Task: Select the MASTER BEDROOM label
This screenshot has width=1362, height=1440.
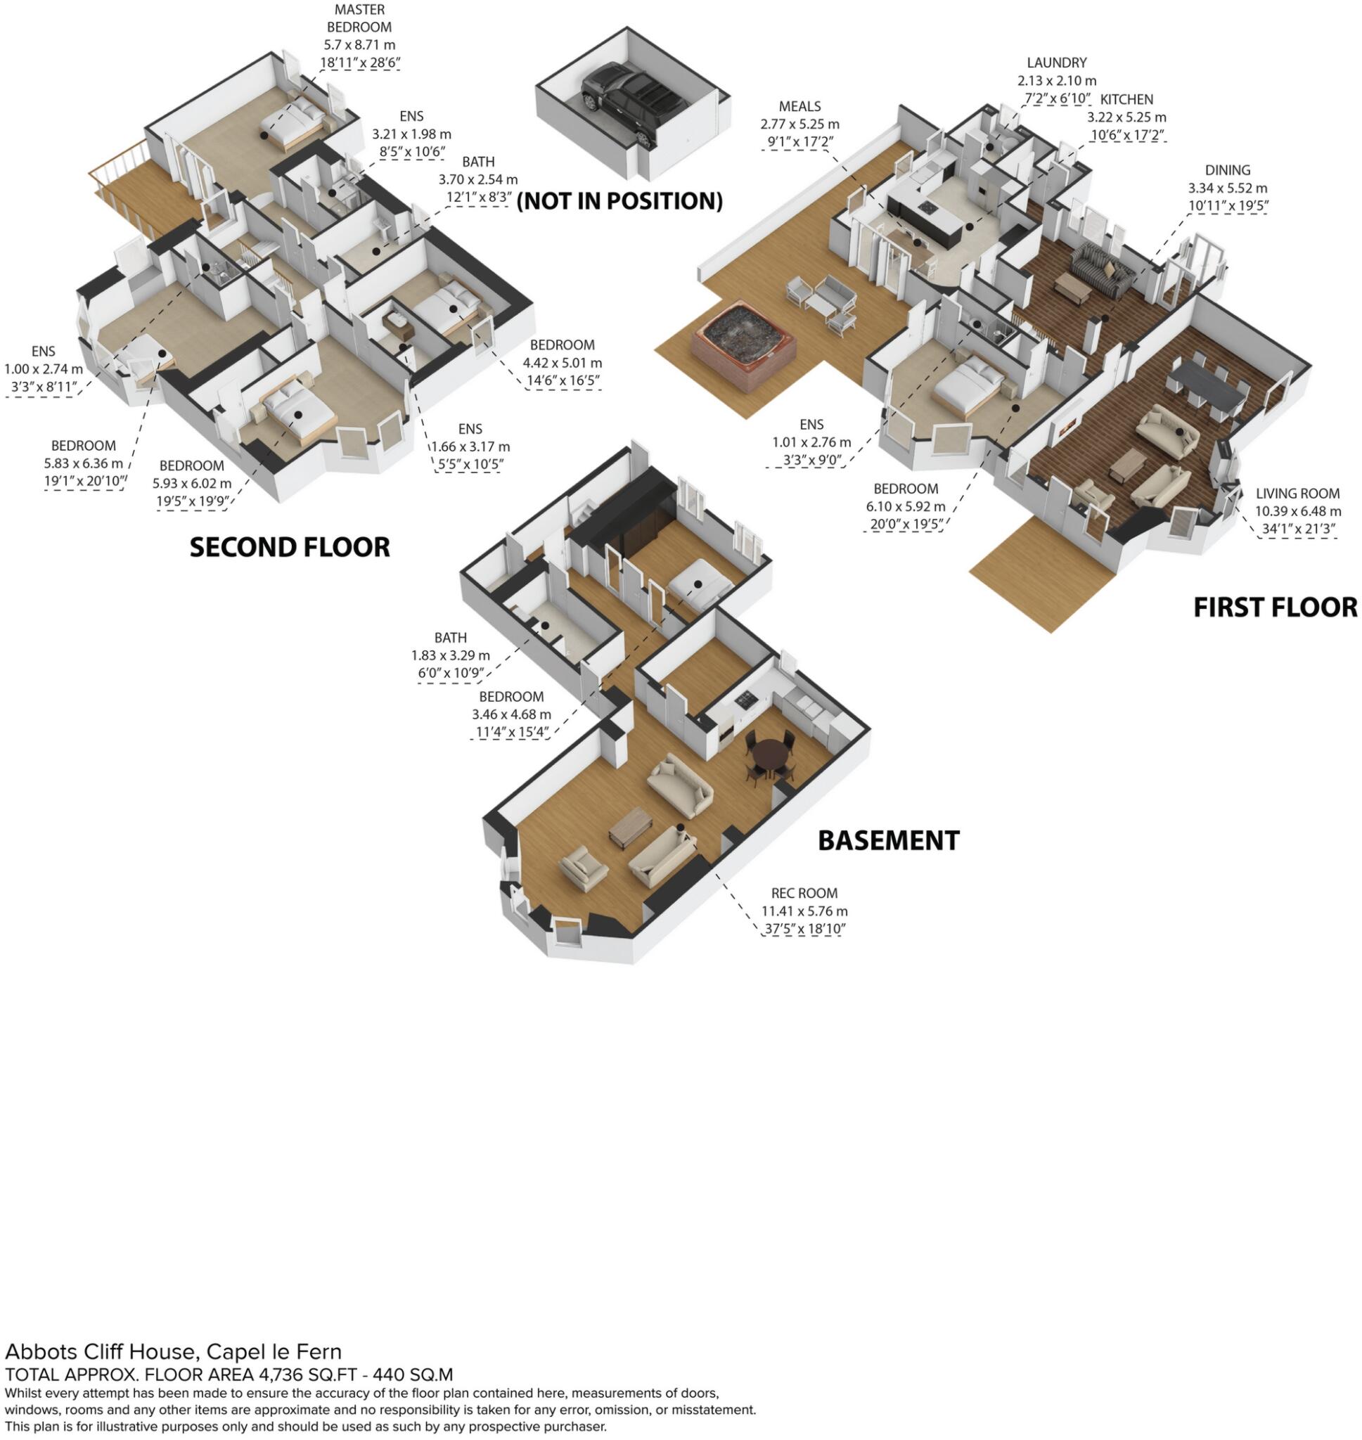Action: tap(359, 19)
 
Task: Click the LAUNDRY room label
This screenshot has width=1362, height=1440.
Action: tap(1055, 63)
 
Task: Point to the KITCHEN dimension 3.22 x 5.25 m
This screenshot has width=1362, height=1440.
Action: tap(1126, 117)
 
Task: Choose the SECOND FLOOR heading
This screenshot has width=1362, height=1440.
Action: tap(290, 547)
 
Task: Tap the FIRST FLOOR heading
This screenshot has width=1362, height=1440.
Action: tap(1274, 607)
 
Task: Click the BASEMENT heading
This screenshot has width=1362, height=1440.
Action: tap(888, 840)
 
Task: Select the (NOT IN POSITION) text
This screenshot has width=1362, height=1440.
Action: tap(619, 201)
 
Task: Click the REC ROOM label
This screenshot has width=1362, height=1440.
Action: tap(804, 893)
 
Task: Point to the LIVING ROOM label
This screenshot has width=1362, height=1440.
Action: tap(1297, 494)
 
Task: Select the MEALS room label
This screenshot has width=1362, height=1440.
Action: tap(799, 106)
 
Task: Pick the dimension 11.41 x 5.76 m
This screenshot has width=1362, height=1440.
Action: tap(804, 911)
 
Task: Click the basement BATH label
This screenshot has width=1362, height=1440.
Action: tap(450, 637)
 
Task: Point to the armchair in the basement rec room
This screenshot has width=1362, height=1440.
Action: tap(584, 863)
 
